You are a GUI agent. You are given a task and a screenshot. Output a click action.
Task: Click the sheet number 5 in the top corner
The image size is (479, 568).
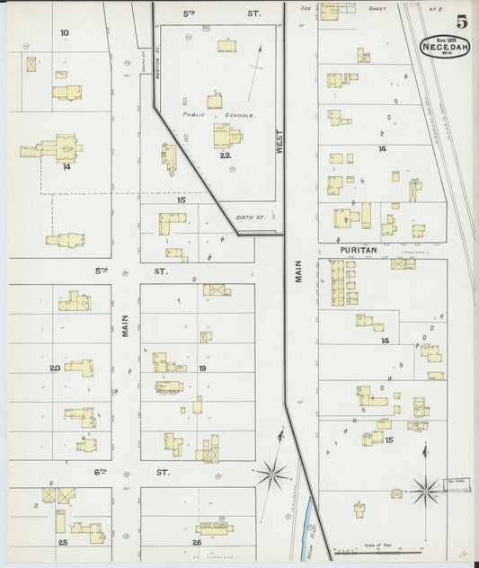tap(460, 22)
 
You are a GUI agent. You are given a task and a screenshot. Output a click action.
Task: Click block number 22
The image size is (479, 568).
tap(225, 155)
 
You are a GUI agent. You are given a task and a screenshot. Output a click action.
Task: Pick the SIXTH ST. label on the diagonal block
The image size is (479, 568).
tap(245, 217)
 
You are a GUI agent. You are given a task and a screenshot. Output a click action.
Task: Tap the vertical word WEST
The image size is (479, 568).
tap(279, 144)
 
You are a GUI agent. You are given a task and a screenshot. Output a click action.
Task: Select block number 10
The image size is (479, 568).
tap(64, 33)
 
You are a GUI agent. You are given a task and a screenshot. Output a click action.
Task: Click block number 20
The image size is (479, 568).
tap(54, 368)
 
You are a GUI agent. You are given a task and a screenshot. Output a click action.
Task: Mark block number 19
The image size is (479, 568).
tap(202, 368)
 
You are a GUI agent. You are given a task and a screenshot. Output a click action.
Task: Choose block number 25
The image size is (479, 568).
tap(63, 543)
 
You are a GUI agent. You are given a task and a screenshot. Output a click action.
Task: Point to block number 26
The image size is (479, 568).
tap(196, 543)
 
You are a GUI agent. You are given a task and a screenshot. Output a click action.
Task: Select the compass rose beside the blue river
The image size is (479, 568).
tap(272, 471)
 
